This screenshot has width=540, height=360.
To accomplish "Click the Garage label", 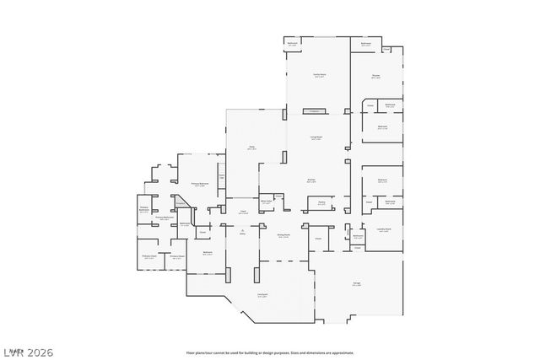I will click(x=357, y=284).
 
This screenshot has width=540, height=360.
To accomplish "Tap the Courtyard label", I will click(x=262, y=295).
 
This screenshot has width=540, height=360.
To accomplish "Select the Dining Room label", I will click(x=284, y=236).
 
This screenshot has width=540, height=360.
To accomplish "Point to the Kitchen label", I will click(x=311, y=180).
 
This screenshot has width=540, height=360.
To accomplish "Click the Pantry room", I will click(x=321, y=203).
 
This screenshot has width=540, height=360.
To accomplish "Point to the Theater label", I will click(x=375, y=77).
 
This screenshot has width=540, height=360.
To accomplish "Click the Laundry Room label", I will click(x=382, y=230).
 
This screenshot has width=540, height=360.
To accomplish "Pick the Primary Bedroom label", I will click(x=199, y=184).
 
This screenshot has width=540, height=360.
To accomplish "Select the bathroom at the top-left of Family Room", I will click(x=293, y=42).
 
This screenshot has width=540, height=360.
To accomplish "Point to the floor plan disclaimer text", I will click(x=270, y=352).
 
